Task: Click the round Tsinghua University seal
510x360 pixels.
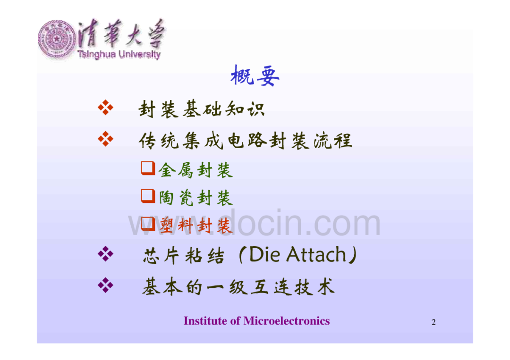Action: [x=57, y=39]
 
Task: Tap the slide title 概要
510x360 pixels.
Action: [x=255, y=75]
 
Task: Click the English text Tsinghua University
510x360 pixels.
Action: [x=119, y=54]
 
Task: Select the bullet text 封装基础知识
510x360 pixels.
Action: [x=201, y=109]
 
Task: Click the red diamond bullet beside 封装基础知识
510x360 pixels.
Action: [x=106, y=108]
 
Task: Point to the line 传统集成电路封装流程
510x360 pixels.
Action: [x=246, y=141]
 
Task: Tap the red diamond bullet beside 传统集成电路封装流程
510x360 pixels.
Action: [x=106, y=139]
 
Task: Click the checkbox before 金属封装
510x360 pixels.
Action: [x=148, y=168]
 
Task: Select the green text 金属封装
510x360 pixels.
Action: [x=196, y=170]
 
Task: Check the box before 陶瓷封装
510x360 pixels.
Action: [x=148, y=196]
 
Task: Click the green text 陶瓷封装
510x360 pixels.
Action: [x=196, y=198]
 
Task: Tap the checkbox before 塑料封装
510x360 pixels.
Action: [x=148, y=224]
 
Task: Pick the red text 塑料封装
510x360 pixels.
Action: [x=196, y=225]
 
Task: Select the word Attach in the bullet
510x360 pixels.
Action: [x=316, y=254]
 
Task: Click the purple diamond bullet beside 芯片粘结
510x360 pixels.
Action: [x=106, y=254]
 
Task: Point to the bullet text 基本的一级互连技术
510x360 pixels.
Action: [x=238, y=287]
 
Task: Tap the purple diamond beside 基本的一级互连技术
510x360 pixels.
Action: [x=106, y=285]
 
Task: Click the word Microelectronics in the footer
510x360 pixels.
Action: [x=287, y=321]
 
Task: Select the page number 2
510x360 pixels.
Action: [x=433, y=322]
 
